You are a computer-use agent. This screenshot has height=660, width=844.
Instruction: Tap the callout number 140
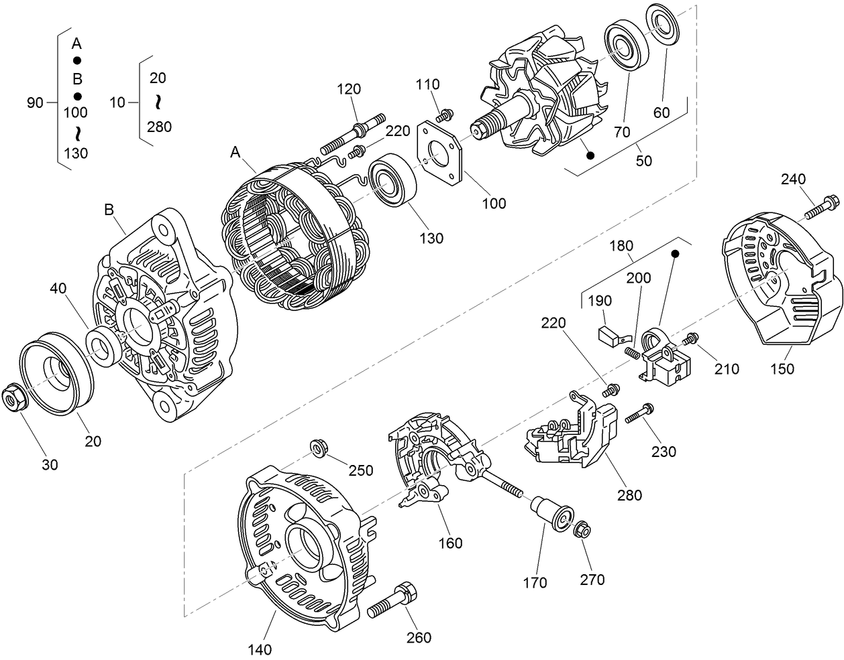(259, 649)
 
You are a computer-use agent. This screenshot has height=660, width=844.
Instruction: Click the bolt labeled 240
(821, 206)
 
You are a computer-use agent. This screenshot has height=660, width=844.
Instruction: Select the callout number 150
(782, 369)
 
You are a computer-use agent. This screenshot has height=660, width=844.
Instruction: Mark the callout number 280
(629, 495)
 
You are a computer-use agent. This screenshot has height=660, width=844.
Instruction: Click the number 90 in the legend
(35, 103)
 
